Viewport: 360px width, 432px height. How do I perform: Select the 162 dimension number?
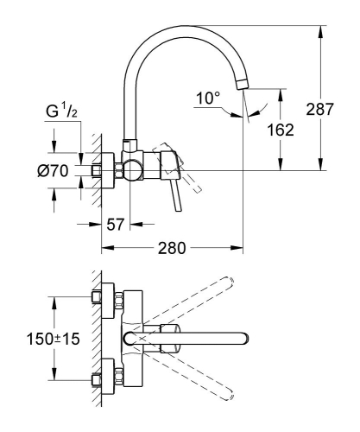tap(295, 130)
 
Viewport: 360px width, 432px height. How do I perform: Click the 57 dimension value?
tap(115, 224)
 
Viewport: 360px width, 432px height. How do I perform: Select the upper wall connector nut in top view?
tap(102, 299)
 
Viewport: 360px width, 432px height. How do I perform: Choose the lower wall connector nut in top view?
tap(102, 378)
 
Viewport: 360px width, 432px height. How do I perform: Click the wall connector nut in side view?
tap(103, 168)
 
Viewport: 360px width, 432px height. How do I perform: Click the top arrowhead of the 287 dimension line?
tap(321, 32)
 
